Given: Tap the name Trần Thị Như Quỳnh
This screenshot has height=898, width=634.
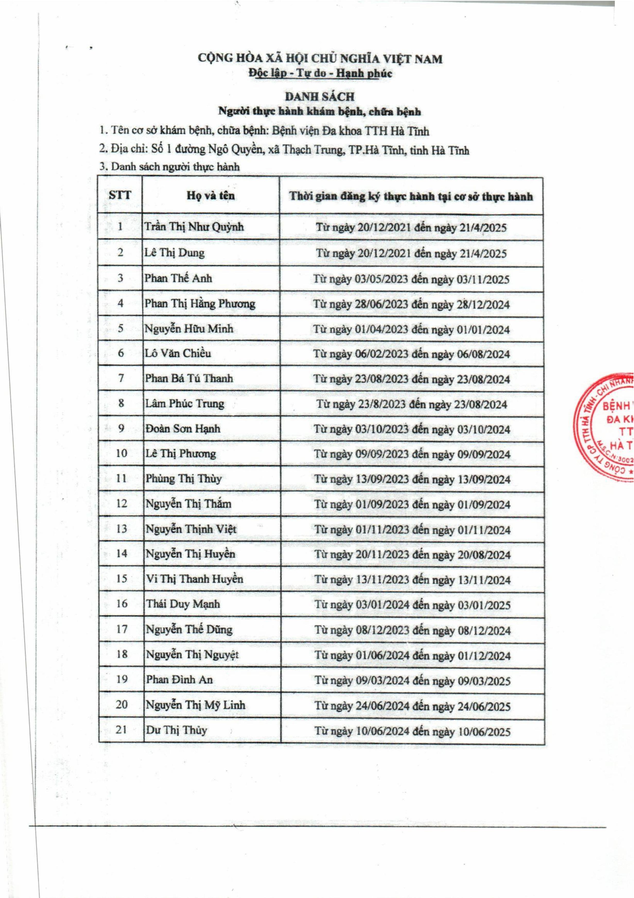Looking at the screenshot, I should click(x=194, y=227).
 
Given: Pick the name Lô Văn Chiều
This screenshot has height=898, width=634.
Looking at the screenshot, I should click(x=178, y=353).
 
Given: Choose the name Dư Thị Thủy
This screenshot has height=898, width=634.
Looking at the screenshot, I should click(x=176, y=730).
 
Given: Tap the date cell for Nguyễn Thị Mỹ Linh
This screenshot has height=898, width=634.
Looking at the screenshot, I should click(x=413, y=706).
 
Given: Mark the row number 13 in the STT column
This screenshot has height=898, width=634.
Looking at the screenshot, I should click(x=122, y=529).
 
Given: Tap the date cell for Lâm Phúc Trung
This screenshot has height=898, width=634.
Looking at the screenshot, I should click(x=411, y=404).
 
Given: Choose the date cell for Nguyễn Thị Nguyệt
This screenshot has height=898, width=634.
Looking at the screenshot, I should click(x=413, y=655).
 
